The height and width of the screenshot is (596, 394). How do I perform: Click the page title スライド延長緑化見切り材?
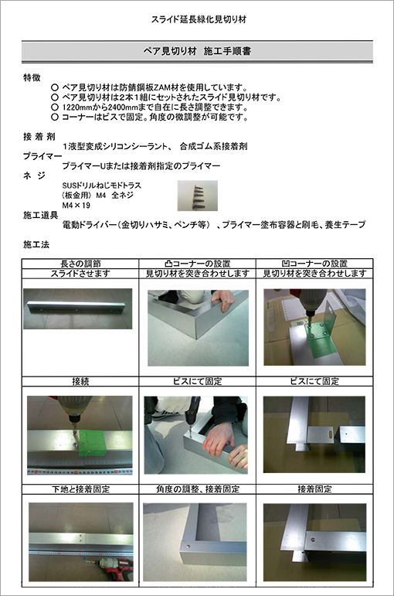click(199, 19)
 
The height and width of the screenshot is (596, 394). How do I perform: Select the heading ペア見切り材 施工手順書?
click(197, 51)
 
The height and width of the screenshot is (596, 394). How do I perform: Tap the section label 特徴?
click(32, 77)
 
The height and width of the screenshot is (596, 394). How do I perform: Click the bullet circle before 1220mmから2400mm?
click(55, 107)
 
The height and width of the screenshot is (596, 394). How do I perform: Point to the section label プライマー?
click(42, 156)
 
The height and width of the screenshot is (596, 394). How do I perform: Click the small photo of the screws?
click(198, 196)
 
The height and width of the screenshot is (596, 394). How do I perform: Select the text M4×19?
click(76, 206)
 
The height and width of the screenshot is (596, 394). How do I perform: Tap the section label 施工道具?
click(40, 216)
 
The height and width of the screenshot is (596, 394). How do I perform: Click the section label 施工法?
click(36, 244)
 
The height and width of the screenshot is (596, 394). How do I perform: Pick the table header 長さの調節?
click(80, 264)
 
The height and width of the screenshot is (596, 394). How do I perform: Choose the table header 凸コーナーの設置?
click(198, 264)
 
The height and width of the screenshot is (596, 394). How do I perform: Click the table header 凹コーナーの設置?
click(314, 264)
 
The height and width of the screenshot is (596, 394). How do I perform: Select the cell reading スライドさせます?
click(80, 274)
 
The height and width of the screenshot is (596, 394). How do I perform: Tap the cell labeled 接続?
click(80, 382)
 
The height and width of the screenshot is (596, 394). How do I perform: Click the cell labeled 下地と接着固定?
click(80, 489)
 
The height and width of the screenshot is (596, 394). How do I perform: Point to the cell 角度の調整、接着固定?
click(198, 489)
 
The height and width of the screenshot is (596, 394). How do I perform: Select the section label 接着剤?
click(39, 137)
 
